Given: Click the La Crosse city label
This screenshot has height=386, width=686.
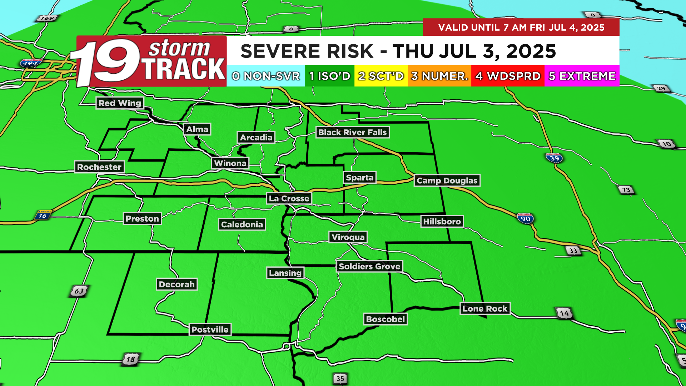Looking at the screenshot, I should point(289,198).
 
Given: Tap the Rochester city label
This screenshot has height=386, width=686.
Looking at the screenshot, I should point(99,167).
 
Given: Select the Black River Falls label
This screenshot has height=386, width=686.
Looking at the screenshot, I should point(352,132).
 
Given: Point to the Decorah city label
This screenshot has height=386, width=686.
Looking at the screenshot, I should point(177,284).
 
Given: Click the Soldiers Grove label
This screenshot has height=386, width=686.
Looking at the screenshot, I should point(369,266).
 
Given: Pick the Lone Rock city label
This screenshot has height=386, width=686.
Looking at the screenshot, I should point(485,309).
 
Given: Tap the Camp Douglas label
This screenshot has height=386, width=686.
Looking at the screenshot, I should point(447,180).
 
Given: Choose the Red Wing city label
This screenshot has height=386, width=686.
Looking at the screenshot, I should point(120,103).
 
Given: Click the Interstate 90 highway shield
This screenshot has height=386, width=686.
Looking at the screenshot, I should point(526,218).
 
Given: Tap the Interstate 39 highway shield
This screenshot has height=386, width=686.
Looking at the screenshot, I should point(554,158).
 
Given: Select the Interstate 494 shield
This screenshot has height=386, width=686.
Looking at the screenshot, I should point(30,64).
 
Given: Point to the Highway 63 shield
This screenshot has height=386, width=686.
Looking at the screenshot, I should point(79,291).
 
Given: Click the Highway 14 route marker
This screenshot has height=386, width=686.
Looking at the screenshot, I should point(564,313).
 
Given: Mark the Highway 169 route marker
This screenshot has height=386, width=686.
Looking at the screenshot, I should point(47,18).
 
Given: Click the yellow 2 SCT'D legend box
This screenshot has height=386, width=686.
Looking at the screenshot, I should point(381,76).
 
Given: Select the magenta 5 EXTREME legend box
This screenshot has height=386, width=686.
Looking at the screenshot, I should point(582,76).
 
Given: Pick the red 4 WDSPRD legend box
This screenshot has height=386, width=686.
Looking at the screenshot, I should point(508,76).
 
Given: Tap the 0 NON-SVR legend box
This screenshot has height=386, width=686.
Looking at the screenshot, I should point(266,76).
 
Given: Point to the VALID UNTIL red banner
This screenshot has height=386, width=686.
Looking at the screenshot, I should point(521,28).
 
